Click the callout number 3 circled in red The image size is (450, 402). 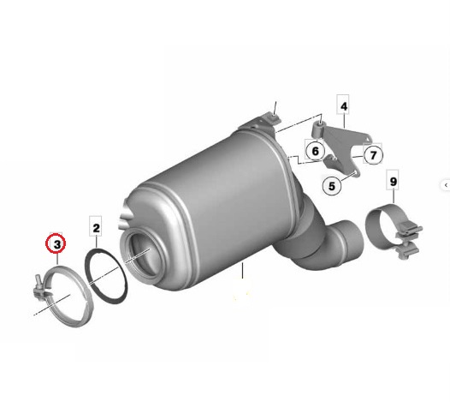click(56, 244)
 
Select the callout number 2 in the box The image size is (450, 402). click(96, 228)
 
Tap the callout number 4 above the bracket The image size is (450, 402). click(344, 106)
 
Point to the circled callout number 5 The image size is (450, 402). click(332, 186)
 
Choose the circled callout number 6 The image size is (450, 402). click(315, 151)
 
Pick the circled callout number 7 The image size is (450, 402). click(373, 155)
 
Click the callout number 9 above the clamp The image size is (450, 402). click(394, 182)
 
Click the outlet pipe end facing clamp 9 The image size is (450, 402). click(351, 241)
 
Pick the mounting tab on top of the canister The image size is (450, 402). click(260, 122)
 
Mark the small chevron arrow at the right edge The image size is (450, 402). click(446, 185)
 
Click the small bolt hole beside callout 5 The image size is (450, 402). click(355, 172)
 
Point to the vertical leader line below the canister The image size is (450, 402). click(242, 271)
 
